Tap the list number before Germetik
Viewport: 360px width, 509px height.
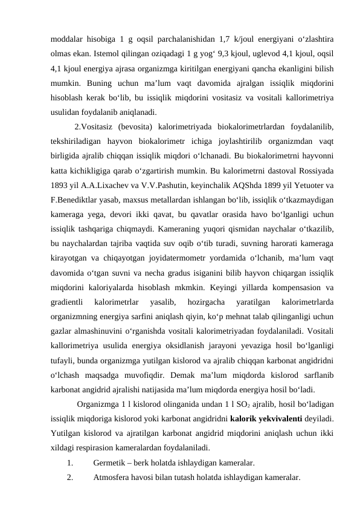(x=70, y=464)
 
